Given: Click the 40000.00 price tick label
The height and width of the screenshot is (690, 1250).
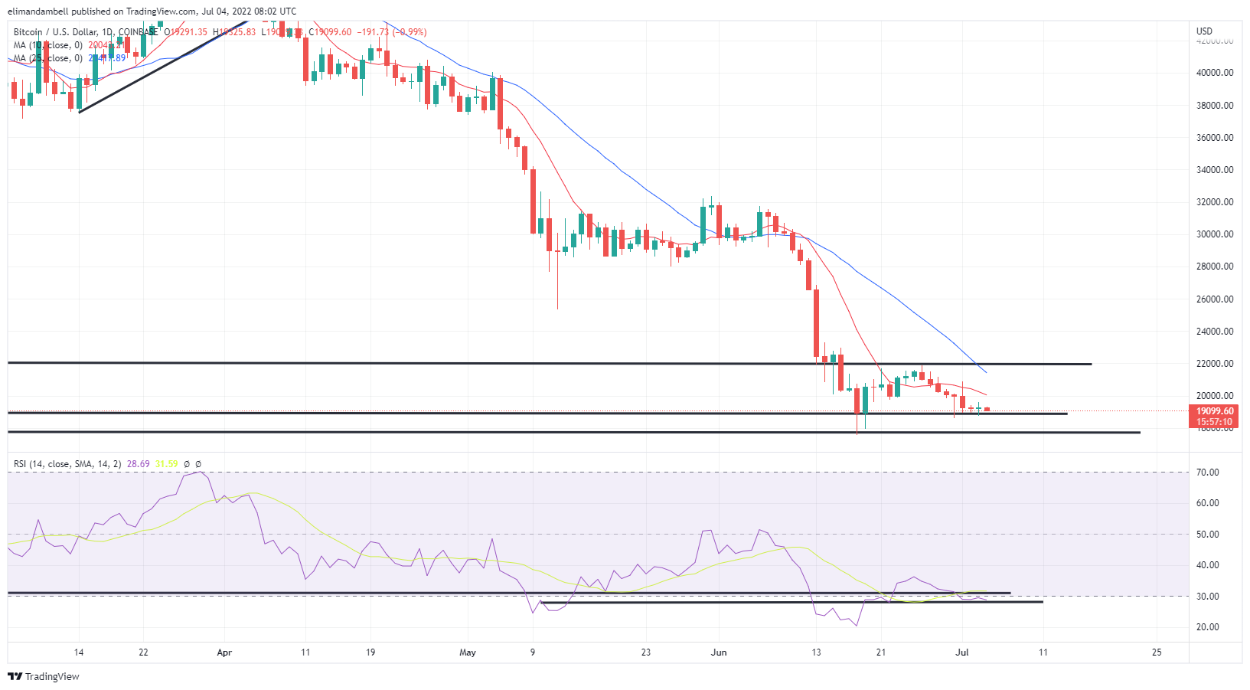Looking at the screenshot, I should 1215,73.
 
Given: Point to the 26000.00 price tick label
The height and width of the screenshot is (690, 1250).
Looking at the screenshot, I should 1215,299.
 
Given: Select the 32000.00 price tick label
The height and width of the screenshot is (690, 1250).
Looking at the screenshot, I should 1215,202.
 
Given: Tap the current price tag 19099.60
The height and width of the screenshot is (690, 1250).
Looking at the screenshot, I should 1215,411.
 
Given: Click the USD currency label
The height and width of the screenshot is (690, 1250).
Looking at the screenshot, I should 1204,31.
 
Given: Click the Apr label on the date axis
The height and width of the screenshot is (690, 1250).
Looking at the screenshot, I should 224,652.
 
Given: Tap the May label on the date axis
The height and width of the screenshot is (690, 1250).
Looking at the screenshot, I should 468,652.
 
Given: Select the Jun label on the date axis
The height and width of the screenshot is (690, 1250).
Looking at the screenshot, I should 719,652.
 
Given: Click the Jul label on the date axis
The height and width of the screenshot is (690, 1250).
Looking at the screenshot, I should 962,652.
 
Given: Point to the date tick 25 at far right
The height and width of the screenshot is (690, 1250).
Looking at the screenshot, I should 1157,652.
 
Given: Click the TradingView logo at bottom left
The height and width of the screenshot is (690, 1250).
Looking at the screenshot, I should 44,676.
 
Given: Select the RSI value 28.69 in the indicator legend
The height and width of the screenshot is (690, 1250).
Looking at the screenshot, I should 139,464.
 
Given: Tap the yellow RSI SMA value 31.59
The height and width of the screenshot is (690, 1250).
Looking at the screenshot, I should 166,464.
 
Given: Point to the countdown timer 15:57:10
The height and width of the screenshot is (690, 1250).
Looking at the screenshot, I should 1215,422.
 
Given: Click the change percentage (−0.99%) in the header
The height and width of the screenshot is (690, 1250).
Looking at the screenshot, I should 410,32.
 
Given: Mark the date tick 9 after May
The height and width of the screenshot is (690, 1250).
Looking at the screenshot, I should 533,652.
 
